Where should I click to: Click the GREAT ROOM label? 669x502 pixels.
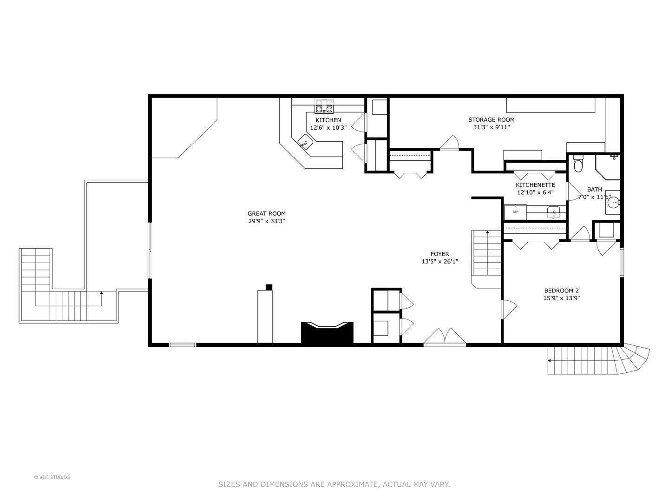(x=266, y=214)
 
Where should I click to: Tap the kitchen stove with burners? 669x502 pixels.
(x=324, y=107)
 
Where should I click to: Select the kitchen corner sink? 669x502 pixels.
(x=305, y=142)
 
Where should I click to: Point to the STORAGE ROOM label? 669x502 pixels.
(x=491, y=120)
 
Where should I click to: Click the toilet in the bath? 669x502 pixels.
(x=578, y=164)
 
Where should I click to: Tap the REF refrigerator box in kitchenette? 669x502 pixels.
(x=515, y=212)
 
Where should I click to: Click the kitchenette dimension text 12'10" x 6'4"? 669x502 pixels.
(x=535, y=192)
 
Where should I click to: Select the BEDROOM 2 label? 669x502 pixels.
(x=561, y=291)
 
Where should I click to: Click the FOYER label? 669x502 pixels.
(x=439, y=254)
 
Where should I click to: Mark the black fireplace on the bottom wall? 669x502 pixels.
(x=327, y=332)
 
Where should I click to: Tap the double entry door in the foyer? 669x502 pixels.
(x=445, y=337)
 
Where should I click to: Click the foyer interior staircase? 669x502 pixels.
(x=486, y=256)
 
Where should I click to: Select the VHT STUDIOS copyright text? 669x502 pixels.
(x=52, y=477)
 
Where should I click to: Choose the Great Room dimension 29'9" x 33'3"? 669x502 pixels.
(x=266, y=221)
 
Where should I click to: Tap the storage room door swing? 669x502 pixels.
(x=450, y=143)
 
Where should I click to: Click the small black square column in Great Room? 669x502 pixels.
(x=269, y=287)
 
